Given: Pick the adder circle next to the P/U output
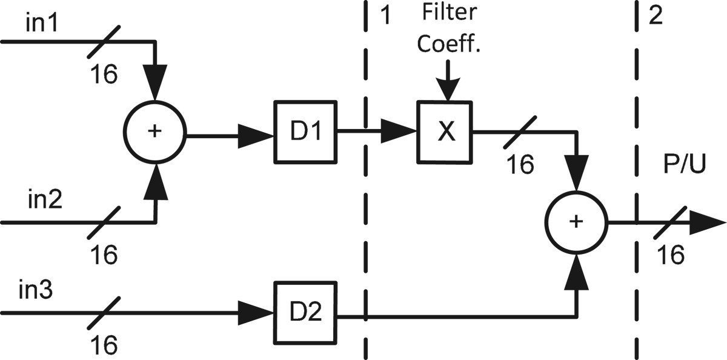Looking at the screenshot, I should pyautogui.click(x=576, y=222).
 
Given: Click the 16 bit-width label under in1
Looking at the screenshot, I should pyautogui.click(x=104, y=75).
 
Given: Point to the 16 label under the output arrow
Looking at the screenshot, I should pyautogui.click(x=671, y=255).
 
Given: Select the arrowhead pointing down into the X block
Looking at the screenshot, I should pyautogui.click(x=446, y=91).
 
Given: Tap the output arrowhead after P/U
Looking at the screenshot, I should pyautogui.click(x=709, y=222).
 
